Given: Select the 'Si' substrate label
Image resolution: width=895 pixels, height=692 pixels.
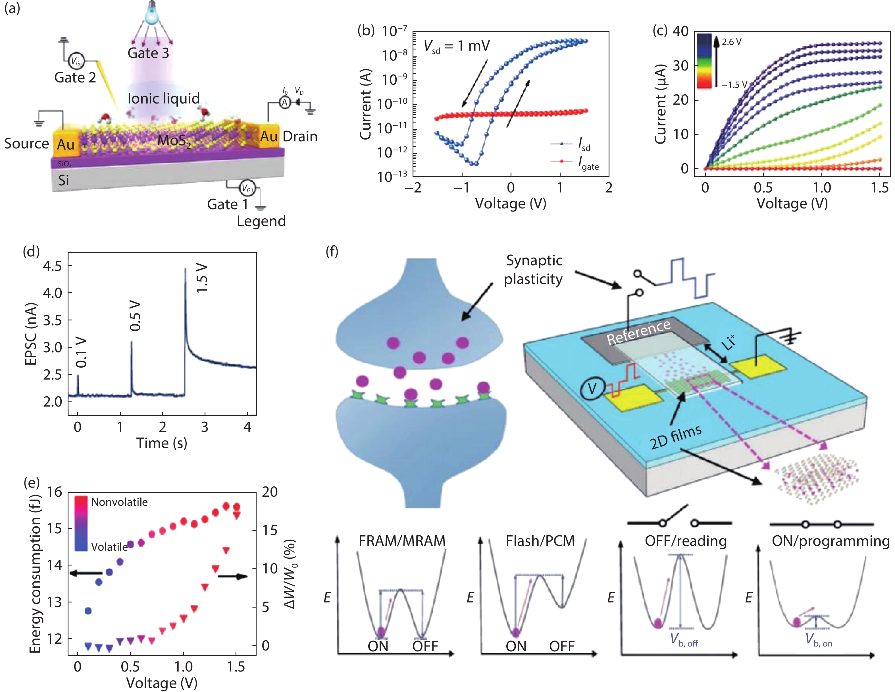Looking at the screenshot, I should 64,180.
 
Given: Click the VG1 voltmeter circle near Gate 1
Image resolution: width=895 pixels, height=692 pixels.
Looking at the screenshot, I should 247,188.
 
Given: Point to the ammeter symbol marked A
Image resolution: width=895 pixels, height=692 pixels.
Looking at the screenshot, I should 284,102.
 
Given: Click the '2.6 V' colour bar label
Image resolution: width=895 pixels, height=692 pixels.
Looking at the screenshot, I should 732,42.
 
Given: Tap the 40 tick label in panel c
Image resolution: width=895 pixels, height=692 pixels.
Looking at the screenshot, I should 680,31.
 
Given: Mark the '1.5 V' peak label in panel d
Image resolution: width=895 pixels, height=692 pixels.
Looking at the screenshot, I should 202,278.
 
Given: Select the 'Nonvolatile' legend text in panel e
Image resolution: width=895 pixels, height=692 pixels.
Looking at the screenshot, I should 119,502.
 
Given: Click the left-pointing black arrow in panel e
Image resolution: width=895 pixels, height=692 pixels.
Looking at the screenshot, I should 86,573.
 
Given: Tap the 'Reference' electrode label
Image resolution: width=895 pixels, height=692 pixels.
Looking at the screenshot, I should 638,332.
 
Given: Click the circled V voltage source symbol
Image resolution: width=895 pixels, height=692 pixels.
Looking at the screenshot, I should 592,388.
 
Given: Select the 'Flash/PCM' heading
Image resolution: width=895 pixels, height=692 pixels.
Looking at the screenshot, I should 540,541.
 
